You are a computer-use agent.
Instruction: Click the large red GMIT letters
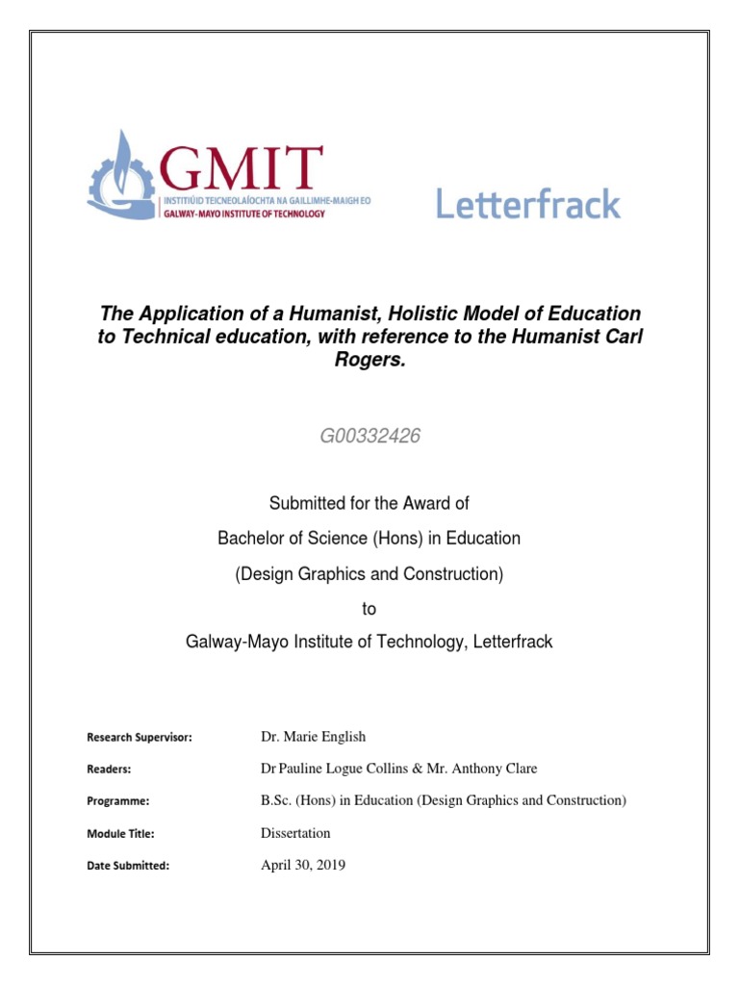(242, 170)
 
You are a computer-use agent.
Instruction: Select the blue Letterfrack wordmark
(528, 203)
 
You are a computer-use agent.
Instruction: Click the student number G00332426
(370, 437)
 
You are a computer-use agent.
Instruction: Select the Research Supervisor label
(140, 738)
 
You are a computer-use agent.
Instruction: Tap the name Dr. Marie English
(314, 737)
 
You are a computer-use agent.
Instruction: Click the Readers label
(109, 770)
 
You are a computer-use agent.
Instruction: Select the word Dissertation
(295, 833)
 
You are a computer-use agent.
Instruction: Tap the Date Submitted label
(128, 866)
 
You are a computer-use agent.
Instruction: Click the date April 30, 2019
(303, 865)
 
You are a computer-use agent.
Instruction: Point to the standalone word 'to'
(369, 609)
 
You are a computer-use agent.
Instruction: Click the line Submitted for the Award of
(369, 503)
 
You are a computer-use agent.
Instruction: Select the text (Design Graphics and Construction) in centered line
(369, 574)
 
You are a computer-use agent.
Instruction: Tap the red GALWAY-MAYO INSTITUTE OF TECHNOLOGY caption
(243, 214)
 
